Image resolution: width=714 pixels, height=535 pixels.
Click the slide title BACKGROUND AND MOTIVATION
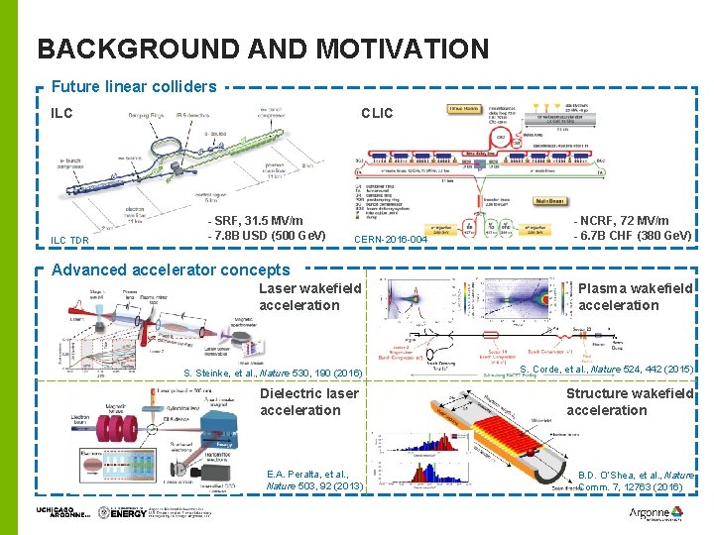coord(263,49)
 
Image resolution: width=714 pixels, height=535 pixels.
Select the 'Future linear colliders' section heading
coord(134,87)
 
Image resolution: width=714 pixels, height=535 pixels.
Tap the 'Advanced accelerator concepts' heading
coord(171,269)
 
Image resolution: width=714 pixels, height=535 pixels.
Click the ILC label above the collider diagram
coord(62,113)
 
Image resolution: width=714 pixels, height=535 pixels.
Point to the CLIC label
coord(377,113)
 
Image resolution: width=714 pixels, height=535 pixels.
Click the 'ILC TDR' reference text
coord(70,240)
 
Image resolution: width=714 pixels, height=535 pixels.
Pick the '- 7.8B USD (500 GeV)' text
coord(267,236)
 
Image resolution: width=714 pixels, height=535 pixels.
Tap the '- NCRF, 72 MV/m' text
coord(622,220)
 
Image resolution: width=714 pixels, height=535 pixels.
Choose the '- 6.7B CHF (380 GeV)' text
coord(632,236)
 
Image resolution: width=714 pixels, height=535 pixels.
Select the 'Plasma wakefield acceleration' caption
coord(635,296)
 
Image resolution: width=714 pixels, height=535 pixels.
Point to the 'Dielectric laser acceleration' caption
coord(308,401)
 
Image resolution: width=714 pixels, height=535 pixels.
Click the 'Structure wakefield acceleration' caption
coord(630,401)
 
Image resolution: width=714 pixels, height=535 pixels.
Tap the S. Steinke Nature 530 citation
coord(273,373)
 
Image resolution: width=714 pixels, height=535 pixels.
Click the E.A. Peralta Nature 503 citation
coord(315,481)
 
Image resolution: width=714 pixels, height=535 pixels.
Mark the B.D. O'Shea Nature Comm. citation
coord(635,481)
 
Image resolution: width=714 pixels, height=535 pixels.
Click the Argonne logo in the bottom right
coord(655,513)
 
